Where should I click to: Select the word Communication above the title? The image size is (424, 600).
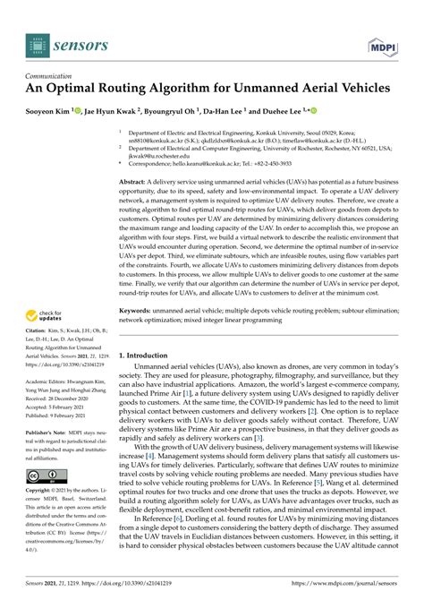(54, 77)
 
